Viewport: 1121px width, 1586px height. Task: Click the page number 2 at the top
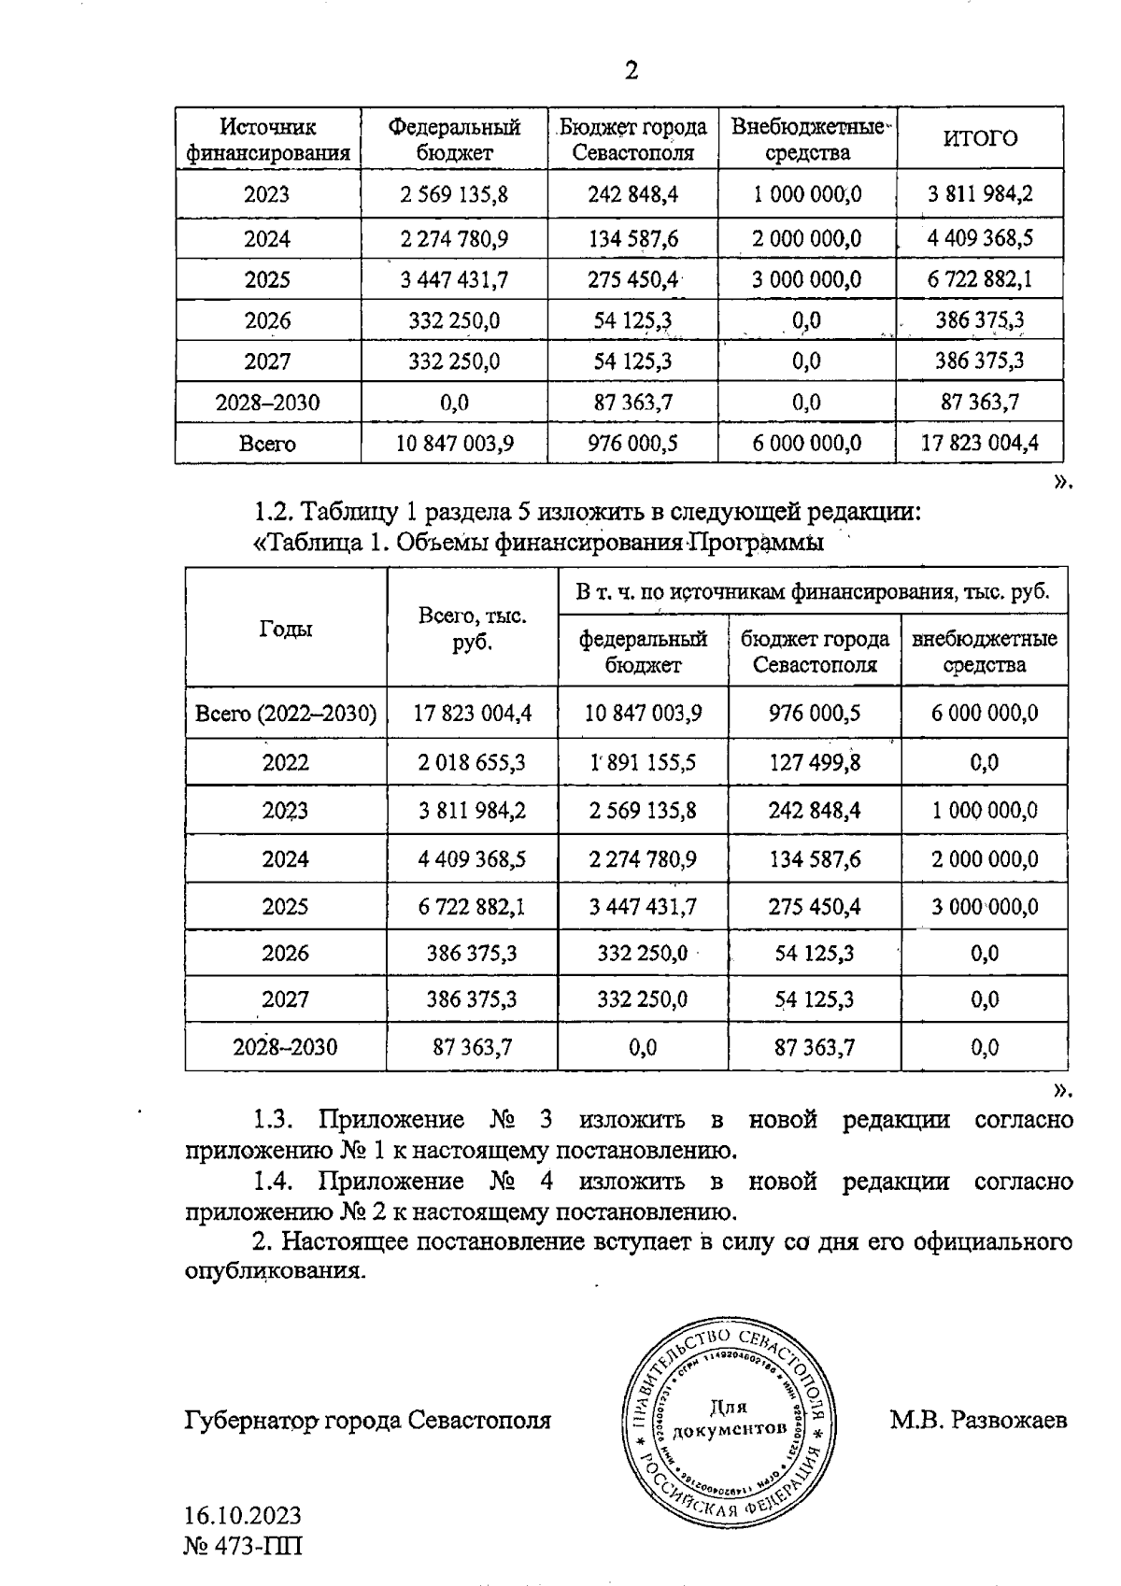(631, 71)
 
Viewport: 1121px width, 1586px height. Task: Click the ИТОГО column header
(980, 138)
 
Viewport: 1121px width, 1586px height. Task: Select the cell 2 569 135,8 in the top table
(454, 195)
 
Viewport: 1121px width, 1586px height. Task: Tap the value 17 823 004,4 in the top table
(980, 443)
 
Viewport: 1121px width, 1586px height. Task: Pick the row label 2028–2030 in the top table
(267, 403)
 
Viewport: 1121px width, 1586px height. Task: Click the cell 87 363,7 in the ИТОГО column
(980, 403)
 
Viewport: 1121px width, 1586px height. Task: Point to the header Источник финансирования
(268, 139)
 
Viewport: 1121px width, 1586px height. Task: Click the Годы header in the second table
(286, 629)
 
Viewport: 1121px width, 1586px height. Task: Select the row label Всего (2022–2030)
(286, 714)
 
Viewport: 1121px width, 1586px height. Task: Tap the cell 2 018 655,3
(472, 762)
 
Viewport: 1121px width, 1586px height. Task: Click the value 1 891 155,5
(643, 762)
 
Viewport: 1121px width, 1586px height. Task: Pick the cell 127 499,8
(815, 762)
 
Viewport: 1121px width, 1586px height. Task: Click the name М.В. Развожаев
(978, 1421)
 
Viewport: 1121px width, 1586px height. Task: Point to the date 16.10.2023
(243, 1514)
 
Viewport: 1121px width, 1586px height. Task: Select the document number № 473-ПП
(243, 1545)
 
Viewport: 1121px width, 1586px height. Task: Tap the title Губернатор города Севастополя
(368, 1421)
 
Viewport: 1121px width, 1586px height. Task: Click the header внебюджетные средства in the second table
(985, 652)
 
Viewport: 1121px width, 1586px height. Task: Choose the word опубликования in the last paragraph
(272, 1271)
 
